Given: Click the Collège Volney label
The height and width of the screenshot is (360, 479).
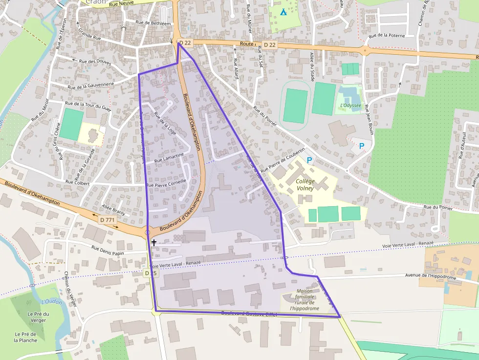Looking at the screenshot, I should [x=305, y=184].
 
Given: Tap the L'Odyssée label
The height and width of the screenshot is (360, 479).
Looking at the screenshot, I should [x=350, y=105].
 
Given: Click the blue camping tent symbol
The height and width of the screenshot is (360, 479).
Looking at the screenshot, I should [x=283, y=11].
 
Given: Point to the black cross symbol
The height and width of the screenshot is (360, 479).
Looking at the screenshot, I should [x=154, y=242].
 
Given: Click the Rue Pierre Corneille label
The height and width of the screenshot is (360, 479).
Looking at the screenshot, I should [x=166, y=183].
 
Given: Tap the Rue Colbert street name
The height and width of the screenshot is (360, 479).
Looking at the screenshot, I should [x=77, y=182].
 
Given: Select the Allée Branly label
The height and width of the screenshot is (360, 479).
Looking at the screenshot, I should [x=114, y=210].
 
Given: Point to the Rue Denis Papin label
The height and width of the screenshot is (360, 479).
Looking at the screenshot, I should [x=111, y=250].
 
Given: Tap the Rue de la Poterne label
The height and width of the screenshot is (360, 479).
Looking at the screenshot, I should [x=388, y=35].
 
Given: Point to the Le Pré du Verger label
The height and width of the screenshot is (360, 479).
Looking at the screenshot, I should [x=38, y=317].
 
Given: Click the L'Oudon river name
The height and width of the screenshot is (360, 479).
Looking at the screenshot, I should [x=52, y=302].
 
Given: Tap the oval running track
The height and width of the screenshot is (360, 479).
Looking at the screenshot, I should [x=296, y=105].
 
